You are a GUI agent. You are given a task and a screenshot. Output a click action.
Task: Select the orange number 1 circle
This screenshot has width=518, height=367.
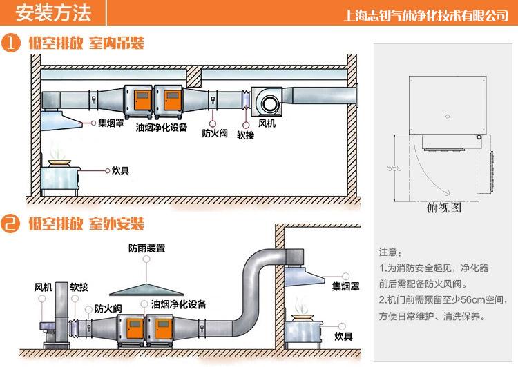tap(11, 43)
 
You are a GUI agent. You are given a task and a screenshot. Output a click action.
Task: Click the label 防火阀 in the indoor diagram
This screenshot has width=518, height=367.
tap(215, 134)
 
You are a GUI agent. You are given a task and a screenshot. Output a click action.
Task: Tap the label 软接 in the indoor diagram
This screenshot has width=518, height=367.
tap(245, 135)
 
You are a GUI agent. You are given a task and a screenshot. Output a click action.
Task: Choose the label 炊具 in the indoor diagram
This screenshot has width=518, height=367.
tap(121, 169)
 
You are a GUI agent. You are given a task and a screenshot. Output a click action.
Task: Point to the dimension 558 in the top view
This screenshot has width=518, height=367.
tap(394, 167)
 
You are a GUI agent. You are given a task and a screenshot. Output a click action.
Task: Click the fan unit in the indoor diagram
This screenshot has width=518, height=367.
tap(268, 100)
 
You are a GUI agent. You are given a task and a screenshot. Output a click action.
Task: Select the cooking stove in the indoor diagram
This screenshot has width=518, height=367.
tap(60, 176)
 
